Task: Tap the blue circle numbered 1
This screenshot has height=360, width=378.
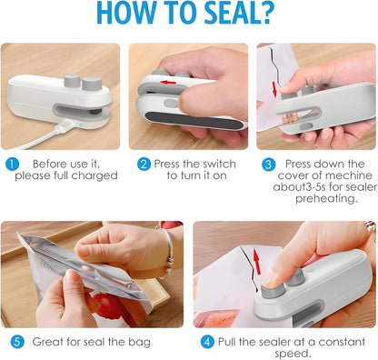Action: (11, 165)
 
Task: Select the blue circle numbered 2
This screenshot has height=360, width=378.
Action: (144, 165)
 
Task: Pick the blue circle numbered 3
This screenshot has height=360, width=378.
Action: (268, 165)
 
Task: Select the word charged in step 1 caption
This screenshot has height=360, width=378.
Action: (96, 175)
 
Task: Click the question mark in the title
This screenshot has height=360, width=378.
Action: (289, 14)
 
